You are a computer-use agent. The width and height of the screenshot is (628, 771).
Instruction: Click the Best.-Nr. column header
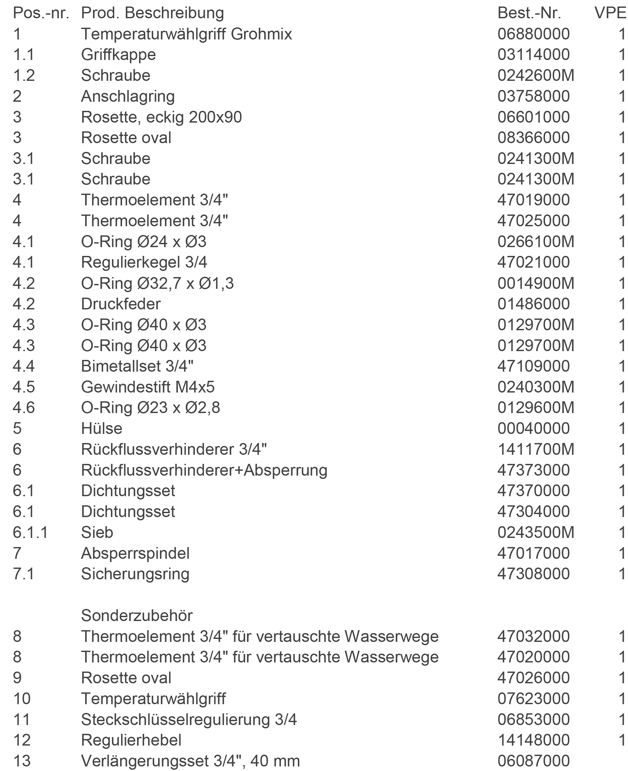tap(529, 13)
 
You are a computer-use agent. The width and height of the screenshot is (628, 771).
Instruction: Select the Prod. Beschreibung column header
tap(152, 13)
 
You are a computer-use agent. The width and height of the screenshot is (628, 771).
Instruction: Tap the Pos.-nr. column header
tap(41, 13)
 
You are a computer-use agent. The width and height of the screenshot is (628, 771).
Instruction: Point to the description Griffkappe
tap(118, 54)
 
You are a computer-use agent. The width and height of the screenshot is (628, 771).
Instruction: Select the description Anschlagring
tap(128, 96)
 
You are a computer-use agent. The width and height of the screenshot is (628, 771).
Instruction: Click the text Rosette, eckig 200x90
tap(161, 117)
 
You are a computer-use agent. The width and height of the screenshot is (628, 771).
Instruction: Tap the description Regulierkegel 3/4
tap(144, 262)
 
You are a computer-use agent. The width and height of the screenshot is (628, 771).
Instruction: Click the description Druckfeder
tap(121, 304)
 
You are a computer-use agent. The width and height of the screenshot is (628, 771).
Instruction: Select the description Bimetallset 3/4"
tap(137, 366)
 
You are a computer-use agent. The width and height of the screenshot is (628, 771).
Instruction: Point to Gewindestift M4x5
tap(147, 387)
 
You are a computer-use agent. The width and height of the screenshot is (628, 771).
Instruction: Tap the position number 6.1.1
tap(30, 532)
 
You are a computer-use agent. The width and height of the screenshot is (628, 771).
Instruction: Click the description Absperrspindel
tap(135, 554)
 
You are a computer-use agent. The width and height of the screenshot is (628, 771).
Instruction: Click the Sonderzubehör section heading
tap(137, 615)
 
